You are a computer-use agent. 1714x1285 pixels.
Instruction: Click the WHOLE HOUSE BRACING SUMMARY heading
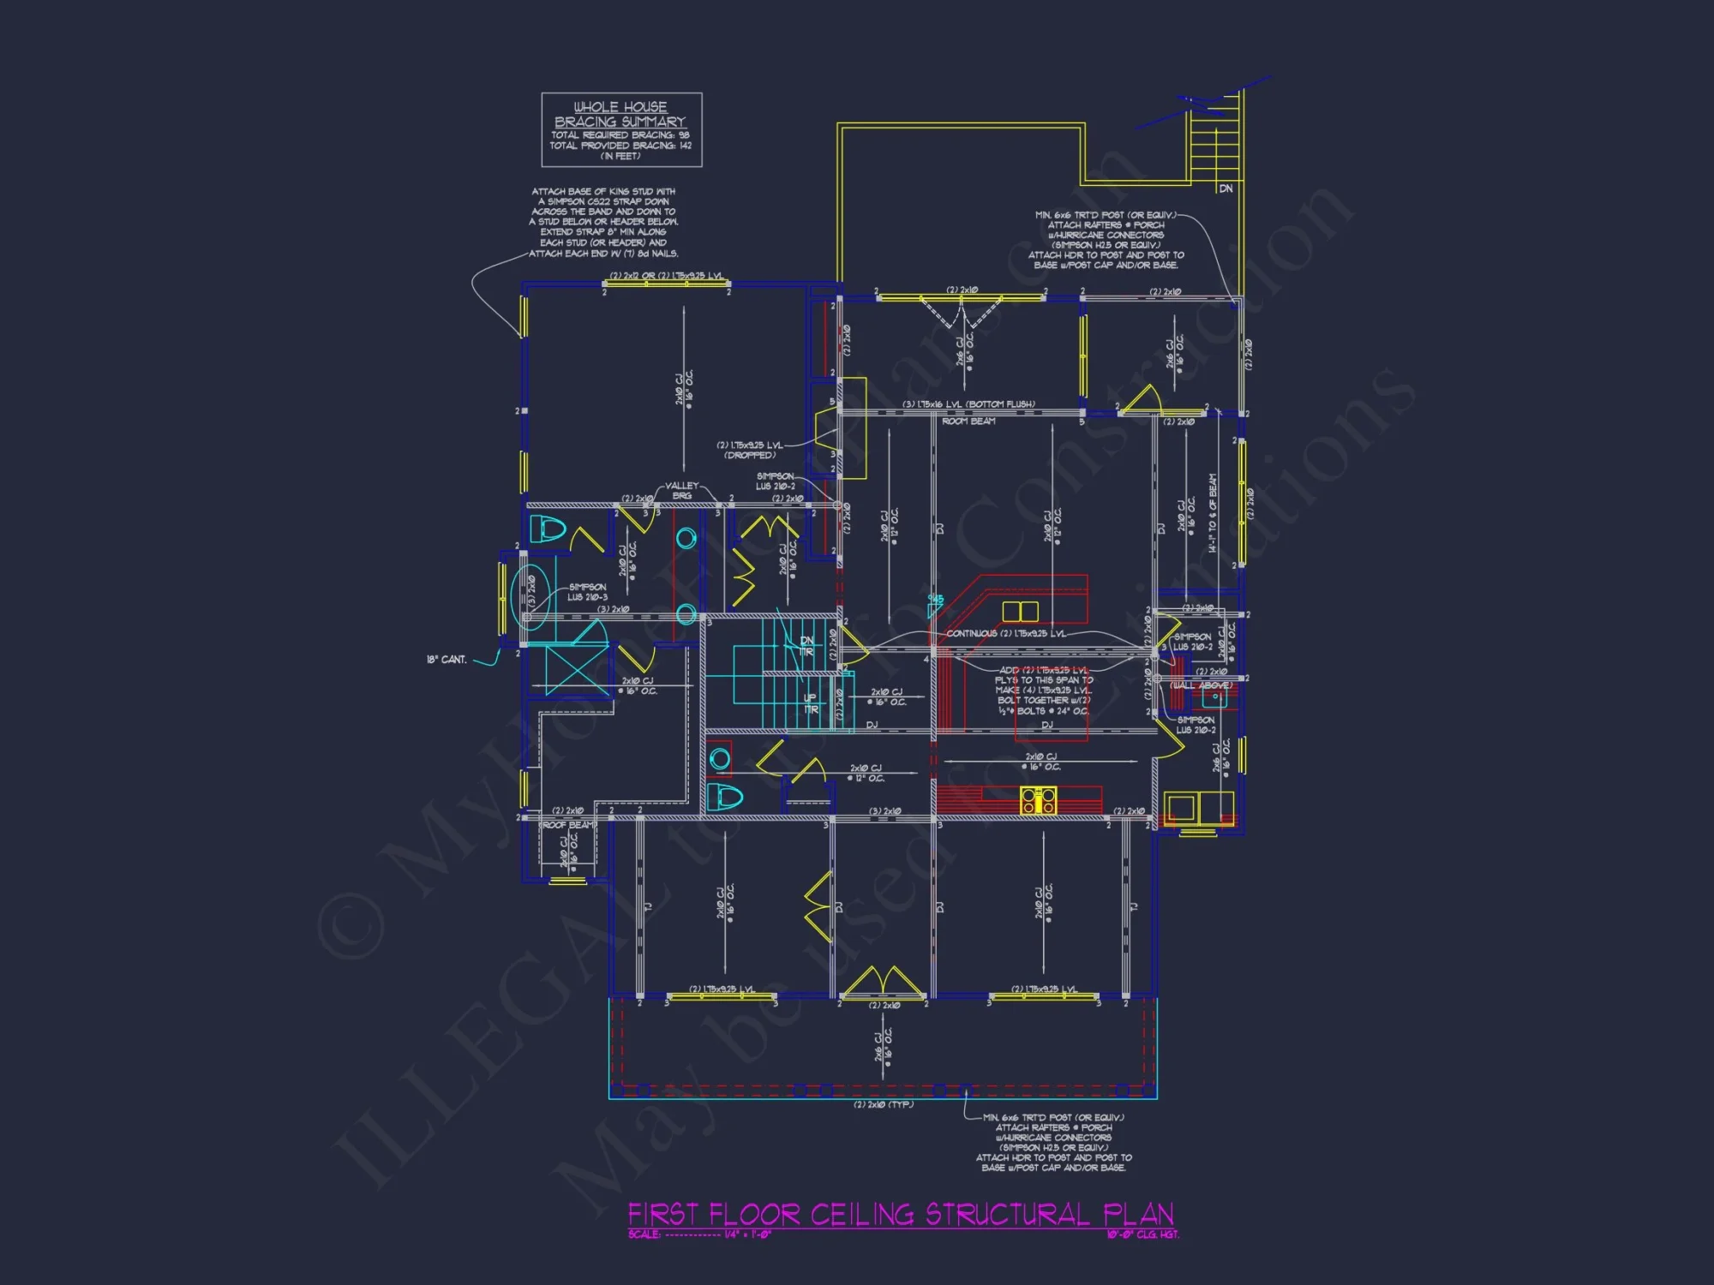(x=620, y=115)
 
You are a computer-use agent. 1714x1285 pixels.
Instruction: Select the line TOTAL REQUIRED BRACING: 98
(x=620, y=135)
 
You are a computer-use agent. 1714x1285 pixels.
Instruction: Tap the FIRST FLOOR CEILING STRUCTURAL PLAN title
(x=901, y=1214)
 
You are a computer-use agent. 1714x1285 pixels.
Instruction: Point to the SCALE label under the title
(x=644, y=1234)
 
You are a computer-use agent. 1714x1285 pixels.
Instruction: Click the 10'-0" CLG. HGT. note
(x=1142, y=1234)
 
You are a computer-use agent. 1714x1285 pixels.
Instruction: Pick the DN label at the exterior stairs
(x=1226, y=188)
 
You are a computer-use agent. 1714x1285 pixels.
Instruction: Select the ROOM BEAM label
(x=968, y=421)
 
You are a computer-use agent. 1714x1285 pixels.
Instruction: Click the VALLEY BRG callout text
(x=682, y=491)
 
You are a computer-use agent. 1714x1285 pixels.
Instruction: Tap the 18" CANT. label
(x=446, y=660)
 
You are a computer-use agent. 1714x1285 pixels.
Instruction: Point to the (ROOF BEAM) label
(x=569, y=825)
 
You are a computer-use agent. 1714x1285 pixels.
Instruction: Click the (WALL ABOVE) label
(x=1202, y=685)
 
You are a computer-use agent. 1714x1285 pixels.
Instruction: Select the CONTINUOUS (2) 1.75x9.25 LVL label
(x=1006, y=634)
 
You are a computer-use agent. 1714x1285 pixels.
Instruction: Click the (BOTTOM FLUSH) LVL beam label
(x=968, y=404)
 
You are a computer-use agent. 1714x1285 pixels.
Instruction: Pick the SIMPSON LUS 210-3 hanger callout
(x=587, y=592)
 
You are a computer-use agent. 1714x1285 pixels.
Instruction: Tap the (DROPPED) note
(x=749, y=456)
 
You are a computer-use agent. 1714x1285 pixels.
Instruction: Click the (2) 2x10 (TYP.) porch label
(x=883, y=1104)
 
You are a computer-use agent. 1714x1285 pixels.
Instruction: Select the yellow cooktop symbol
(x=1038, y=800)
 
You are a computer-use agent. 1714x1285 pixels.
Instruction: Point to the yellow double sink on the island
(x=1020, y=611)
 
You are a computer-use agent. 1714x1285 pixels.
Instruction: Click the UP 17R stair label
(x=810, y=703)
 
